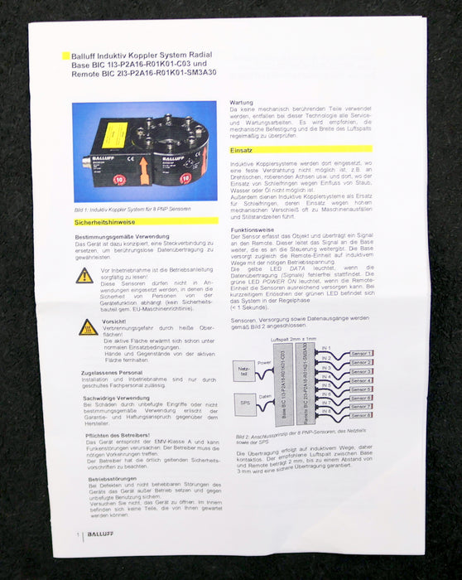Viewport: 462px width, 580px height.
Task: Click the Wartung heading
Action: point(242,104)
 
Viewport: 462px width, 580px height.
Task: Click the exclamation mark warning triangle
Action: point(84,275)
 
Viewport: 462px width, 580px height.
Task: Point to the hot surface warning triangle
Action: point(88,327)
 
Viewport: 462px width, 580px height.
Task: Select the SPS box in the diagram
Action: point(243,410)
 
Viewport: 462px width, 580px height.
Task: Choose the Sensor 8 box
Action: point(361,415)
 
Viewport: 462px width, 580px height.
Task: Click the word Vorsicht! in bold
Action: point(113,321)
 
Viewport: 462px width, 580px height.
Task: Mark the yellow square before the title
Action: point(66,55)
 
